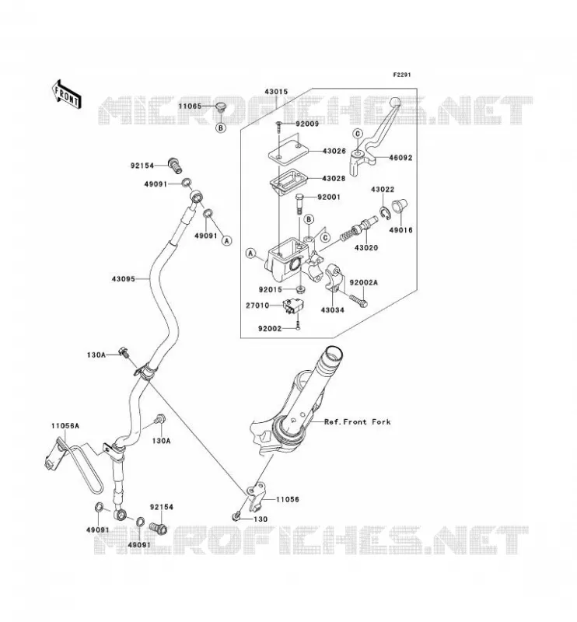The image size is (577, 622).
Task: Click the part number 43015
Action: coord(276,92)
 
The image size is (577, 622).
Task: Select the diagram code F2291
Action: coord(402,75)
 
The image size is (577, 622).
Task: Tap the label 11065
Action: coord(190,107)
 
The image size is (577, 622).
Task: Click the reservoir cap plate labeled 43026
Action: coord(288,153)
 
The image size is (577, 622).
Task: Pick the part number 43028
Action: coord(334,179)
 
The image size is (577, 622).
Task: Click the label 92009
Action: coord(307,124)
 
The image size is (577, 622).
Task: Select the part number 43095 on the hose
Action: coord(124,279)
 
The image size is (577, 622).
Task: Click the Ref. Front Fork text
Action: coord(358,422)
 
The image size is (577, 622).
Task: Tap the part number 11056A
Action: coord(65,426)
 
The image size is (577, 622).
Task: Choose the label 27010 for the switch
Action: coord(257,306)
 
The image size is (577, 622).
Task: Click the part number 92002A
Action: coord(363,282)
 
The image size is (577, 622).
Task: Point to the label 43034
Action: coord(332,309)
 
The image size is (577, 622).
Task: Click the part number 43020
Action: coord(366,248)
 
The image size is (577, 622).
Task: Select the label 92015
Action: coord(271,290)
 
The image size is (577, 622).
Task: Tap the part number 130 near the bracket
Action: coord(261,519)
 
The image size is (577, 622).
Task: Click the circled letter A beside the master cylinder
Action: coord(250,253)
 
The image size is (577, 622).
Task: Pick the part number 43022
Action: coord(383,190)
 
